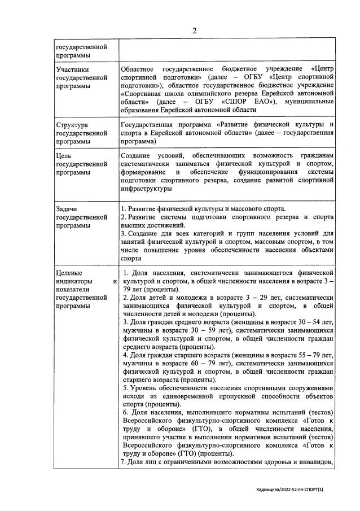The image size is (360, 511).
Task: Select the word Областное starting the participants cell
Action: point(141,69)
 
